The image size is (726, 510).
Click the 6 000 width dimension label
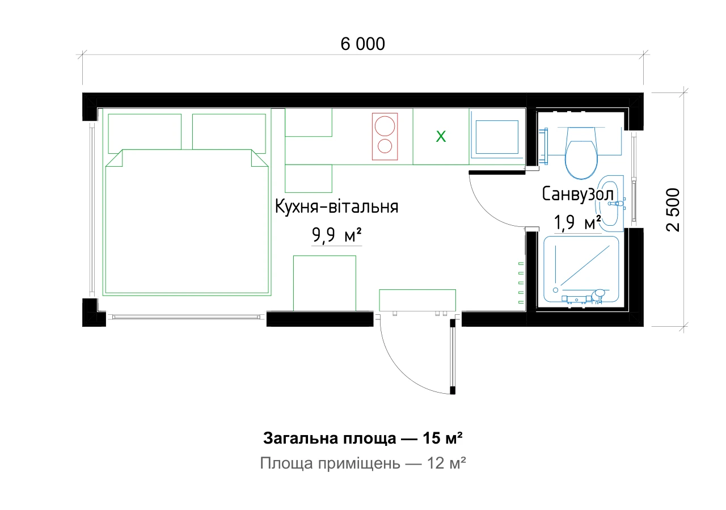362,44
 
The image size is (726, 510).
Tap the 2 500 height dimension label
673,210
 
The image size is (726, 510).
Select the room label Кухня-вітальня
336,206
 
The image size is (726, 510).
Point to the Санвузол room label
578,194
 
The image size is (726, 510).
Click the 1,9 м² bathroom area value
577,223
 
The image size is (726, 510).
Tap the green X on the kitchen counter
441,137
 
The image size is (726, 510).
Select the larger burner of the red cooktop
385,126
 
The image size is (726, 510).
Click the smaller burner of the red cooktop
385,146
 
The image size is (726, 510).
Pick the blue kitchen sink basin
497,137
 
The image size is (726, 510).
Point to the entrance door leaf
453,356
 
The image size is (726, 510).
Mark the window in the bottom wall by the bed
186,317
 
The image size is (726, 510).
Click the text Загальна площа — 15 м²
362,439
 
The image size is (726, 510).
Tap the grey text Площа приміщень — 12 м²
362,463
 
